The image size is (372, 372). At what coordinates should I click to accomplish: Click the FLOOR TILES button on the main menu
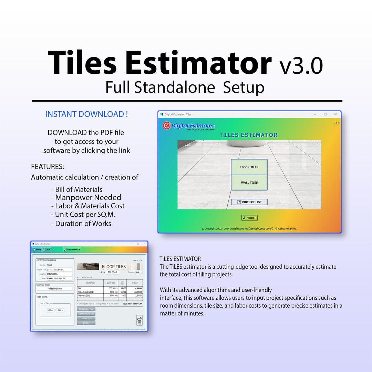[x=249, y=167]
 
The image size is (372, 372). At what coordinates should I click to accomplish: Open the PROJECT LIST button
[x=249, y=202]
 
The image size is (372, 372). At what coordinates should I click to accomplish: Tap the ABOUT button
[x=249, y=218]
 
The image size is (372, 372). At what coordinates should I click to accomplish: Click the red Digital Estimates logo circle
[x=167, y=126]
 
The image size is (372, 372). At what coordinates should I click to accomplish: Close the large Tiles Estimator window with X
[x=335, y=114]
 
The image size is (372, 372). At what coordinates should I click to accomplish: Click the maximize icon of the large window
[x=325, y=114]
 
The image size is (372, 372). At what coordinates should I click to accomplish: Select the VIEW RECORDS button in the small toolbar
[x=72, y=250]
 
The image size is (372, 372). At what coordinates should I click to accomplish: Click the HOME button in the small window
[x=37, y=250]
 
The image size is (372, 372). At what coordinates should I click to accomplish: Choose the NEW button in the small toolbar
[x=47, y=250]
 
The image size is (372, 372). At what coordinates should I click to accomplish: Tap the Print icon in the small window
[x=139, y=320]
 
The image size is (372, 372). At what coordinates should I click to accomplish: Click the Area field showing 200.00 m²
[x=112, y=272]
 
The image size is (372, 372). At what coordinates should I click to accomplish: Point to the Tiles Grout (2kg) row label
[x=84, y=296]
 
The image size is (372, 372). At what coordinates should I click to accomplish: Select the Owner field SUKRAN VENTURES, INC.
[x=59, y=278]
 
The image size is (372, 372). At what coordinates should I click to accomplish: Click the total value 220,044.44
[x=137, y=304]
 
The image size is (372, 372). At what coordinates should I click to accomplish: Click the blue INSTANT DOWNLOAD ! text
[x=86, y=114]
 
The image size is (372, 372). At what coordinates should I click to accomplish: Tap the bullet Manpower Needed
[x=88, y=198]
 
